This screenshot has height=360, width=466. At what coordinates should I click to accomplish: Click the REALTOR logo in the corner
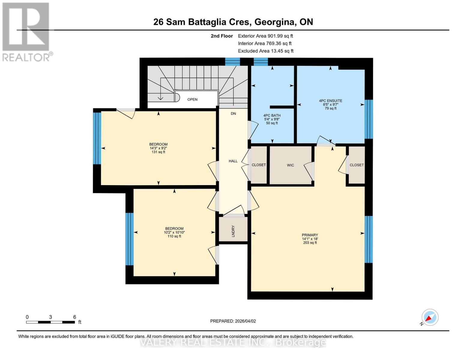pos(26,32)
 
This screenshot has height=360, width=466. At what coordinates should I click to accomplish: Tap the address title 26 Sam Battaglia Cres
pos(233,22)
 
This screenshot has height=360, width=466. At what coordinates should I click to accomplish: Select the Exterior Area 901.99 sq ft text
pos(265,36)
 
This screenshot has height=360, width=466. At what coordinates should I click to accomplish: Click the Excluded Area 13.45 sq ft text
pos(266,51)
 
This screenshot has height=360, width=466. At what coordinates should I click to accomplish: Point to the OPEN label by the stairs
pos(192,100)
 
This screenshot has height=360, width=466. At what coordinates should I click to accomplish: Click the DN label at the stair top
pos(233,114)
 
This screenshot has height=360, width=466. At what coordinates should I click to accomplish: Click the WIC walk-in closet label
pos(290,165)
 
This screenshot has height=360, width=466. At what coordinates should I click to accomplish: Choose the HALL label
pos(233,161)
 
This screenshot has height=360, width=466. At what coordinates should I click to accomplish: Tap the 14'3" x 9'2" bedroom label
pos(158,148)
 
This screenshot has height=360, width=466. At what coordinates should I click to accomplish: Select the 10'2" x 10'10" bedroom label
pos(174,232)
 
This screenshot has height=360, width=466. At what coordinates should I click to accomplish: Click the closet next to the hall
pos(259,165)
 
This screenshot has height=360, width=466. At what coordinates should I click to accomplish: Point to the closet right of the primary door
pos(356,165)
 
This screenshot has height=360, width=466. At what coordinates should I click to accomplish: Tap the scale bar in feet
pos(50,322)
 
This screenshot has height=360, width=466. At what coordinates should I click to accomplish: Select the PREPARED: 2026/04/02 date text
pos(233,321)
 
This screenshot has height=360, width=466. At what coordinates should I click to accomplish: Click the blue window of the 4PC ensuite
pos(368,119)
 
